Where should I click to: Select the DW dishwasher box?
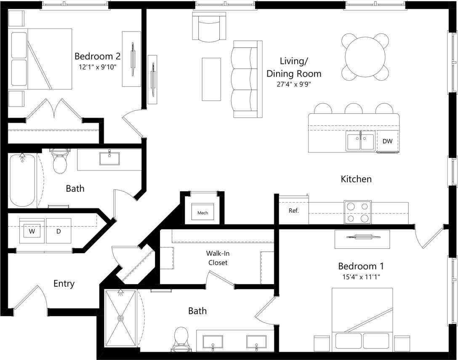pyautogui.click(x=387, y=141)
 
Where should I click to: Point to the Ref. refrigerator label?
pyautogui.click(x=293, y=211)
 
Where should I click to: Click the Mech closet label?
pyautogui.click(x=202, y=213)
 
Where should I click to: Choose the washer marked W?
pyautogui.click(x=32, y=231)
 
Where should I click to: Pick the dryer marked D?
pyautogui.click(x=59, y=231)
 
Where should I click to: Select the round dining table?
pyautogui.click(x=365, y=57)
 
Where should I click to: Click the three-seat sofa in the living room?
pyautogui.click(x=246, y=79)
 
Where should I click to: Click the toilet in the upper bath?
pyautogui.click(x=60, y=162)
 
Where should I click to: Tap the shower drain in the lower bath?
pyautogui.click(x=121, y=318)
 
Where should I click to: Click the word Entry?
pyautogui.click(x=64, y=283)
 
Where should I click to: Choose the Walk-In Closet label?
pyautogui.click(x=217, y=258)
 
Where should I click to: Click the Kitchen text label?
pyautogui.click(x=356, y=179)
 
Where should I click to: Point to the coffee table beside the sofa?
pyautogui.click(x=211, y=79)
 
